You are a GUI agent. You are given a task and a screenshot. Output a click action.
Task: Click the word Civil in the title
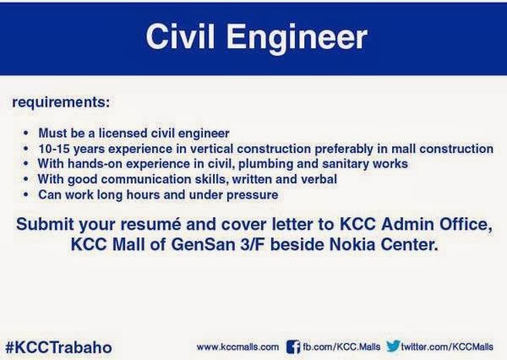(180, 36)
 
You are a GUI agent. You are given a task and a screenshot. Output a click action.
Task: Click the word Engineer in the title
(297, 39)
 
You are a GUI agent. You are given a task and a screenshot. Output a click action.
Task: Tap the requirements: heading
(61, 102)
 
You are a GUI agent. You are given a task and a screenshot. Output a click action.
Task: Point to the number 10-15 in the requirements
(53, 149)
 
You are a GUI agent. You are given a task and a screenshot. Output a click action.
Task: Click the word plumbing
(265, 164)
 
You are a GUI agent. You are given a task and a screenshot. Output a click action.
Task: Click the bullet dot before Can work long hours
(26, 194)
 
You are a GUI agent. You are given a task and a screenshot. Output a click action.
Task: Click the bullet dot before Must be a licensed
(26, 133)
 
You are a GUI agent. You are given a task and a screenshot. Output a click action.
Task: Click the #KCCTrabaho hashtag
(59, 347)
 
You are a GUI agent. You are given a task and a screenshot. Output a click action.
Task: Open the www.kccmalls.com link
(237, 347)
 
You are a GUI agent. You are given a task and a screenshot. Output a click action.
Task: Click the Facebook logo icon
(293, 346)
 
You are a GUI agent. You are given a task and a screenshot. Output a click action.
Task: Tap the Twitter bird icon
(393, 346)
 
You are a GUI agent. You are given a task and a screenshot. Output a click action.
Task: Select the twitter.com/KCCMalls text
(447, 347)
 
